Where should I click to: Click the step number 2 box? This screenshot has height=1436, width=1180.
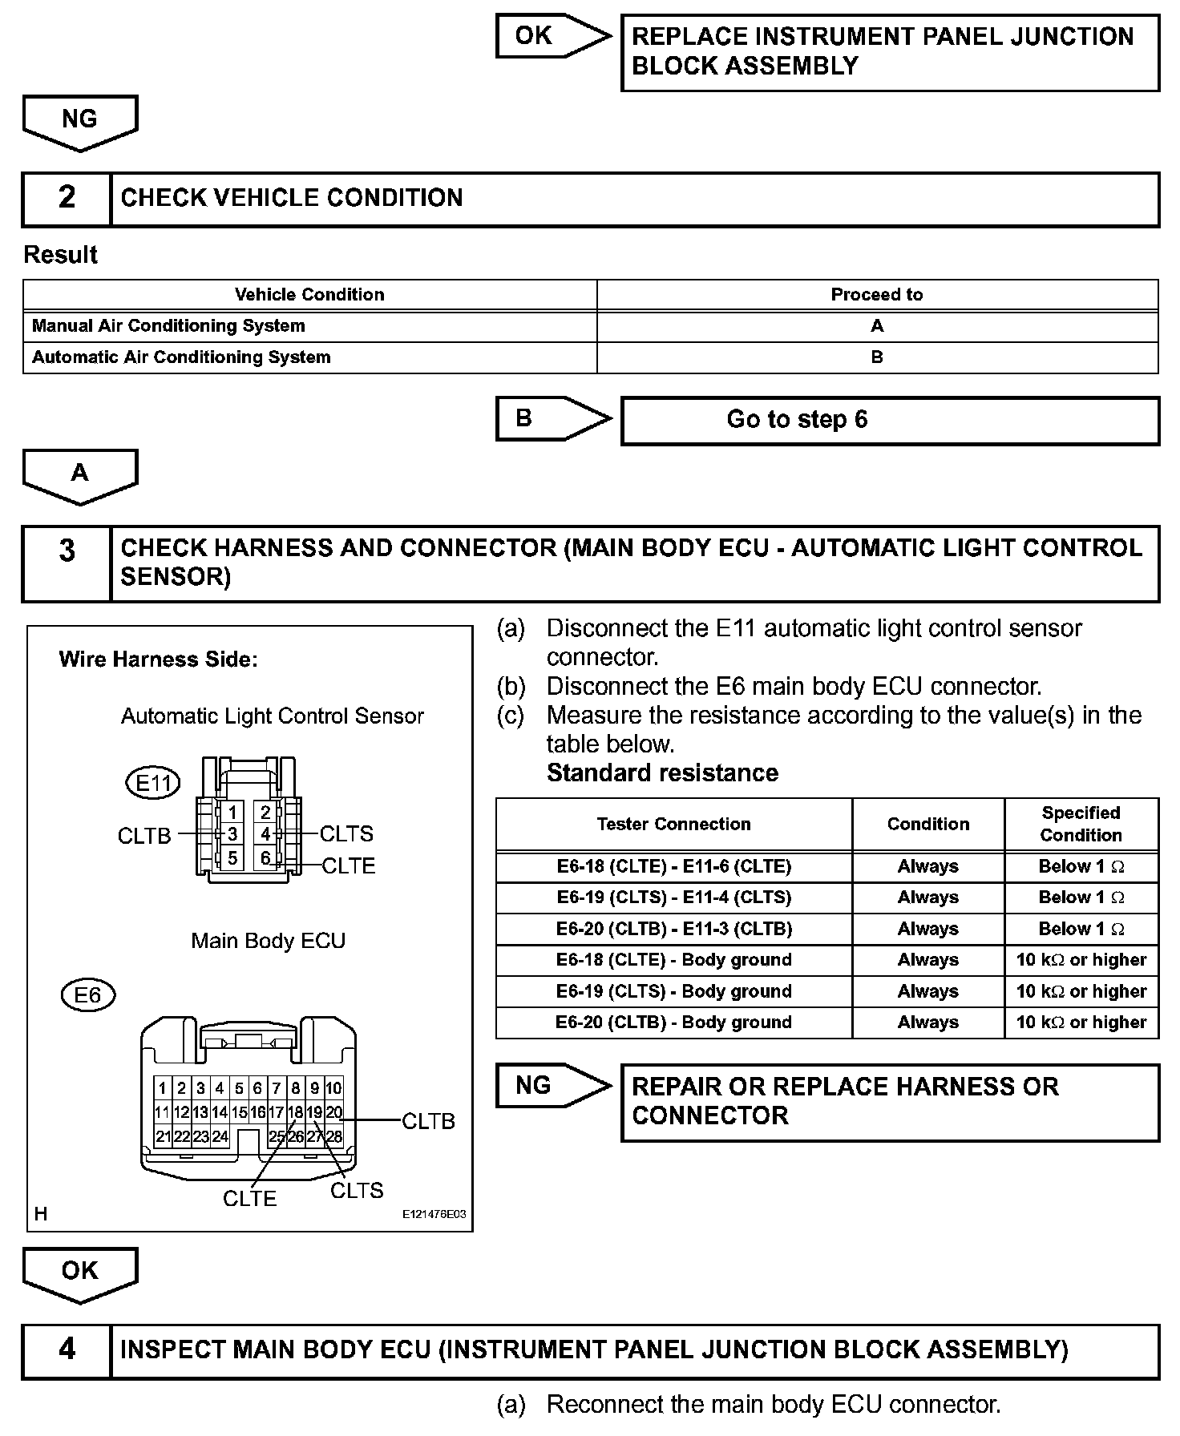click(x=67, y=198)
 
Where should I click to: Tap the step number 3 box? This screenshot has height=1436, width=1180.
click(x=67, y=551)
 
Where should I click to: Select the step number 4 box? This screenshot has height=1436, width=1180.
click(x=67, y=1350)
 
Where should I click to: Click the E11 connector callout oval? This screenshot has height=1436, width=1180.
click(x=153, y=783)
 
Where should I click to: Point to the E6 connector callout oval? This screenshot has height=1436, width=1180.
click(x=88, y=995)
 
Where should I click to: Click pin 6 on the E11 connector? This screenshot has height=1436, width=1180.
click(x=265, y=857)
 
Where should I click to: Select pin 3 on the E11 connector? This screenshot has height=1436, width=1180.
click(x=232, y=834)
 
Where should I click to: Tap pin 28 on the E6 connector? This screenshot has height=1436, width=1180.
click(x=334, y=1136)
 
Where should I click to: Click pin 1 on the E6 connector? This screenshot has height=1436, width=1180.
click(x=163, y=1088)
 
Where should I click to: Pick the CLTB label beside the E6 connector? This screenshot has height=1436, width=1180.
click(x=428, y=1121)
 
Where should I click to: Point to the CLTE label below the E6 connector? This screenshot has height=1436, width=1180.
click(x=249, y=1199)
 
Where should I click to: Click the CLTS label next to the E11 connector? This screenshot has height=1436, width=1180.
click(x=346, y=834)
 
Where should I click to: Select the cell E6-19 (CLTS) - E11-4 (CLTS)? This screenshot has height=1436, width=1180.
click(x=673, y=897)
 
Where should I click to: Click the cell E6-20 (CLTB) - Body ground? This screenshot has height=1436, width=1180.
click(x=673, y=1023)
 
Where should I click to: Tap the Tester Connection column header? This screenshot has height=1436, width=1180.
click(x=673, y=824)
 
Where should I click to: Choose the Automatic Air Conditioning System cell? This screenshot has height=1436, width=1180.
click(x=181, y=357)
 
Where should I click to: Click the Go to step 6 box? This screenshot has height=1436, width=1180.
click(x=890, y=420)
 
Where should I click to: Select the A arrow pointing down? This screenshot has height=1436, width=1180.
click(x=80, y=475)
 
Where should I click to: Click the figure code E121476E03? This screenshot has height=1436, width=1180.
click(x=434, y=1215)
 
